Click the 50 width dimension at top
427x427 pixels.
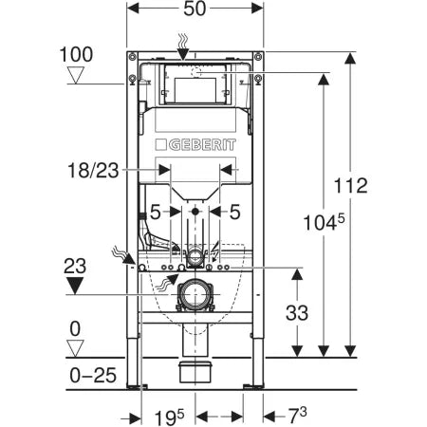(x=195, y=11)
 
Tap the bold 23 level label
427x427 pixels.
(x=84, y=267)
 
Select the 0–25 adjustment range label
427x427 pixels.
(x=92, y=376)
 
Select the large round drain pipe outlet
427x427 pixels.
(x=195, y=295)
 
